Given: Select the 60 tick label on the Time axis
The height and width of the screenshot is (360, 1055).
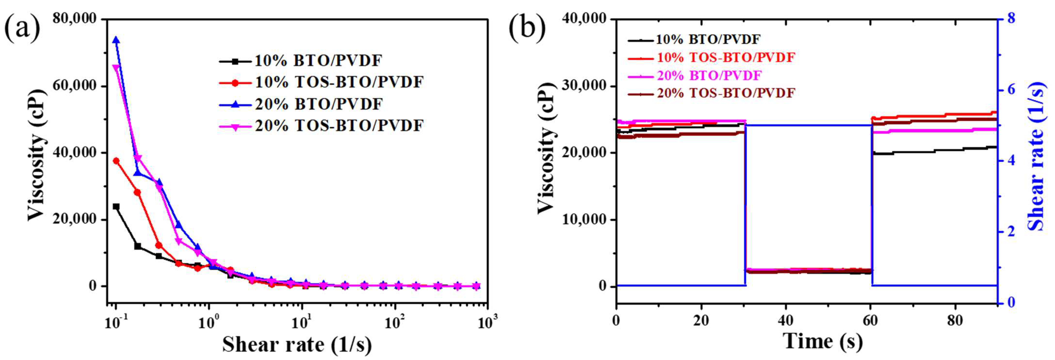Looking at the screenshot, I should pos(870,321).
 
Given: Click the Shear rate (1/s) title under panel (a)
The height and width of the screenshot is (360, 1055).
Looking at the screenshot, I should pos(297,344).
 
